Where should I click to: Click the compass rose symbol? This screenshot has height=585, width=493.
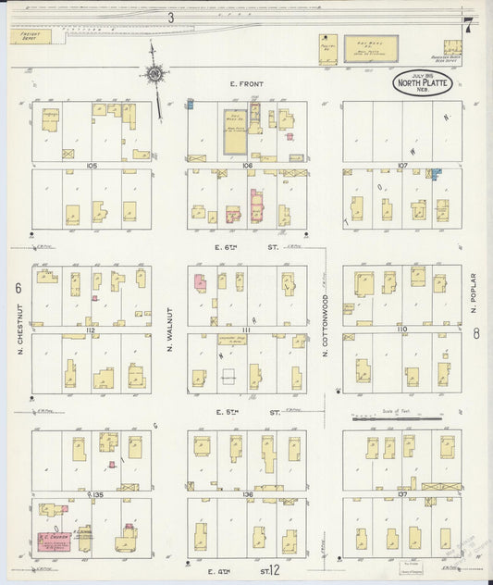pyautogui.click(x=154, y=74)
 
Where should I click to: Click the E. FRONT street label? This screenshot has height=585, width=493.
pyautogui.click(x=246, y=84)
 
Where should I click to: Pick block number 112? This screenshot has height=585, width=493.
pyautogui.click(x=91, y=330)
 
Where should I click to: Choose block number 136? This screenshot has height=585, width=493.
pyautogui.click(x=247, y=494)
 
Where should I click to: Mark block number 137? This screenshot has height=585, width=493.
pyautogui.click(x=401, y=494)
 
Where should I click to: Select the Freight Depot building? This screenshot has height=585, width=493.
pyautogui.click(x=33, y=36)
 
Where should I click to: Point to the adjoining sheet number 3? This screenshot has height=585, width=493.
pyautogui.click(x=171, y=17)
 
